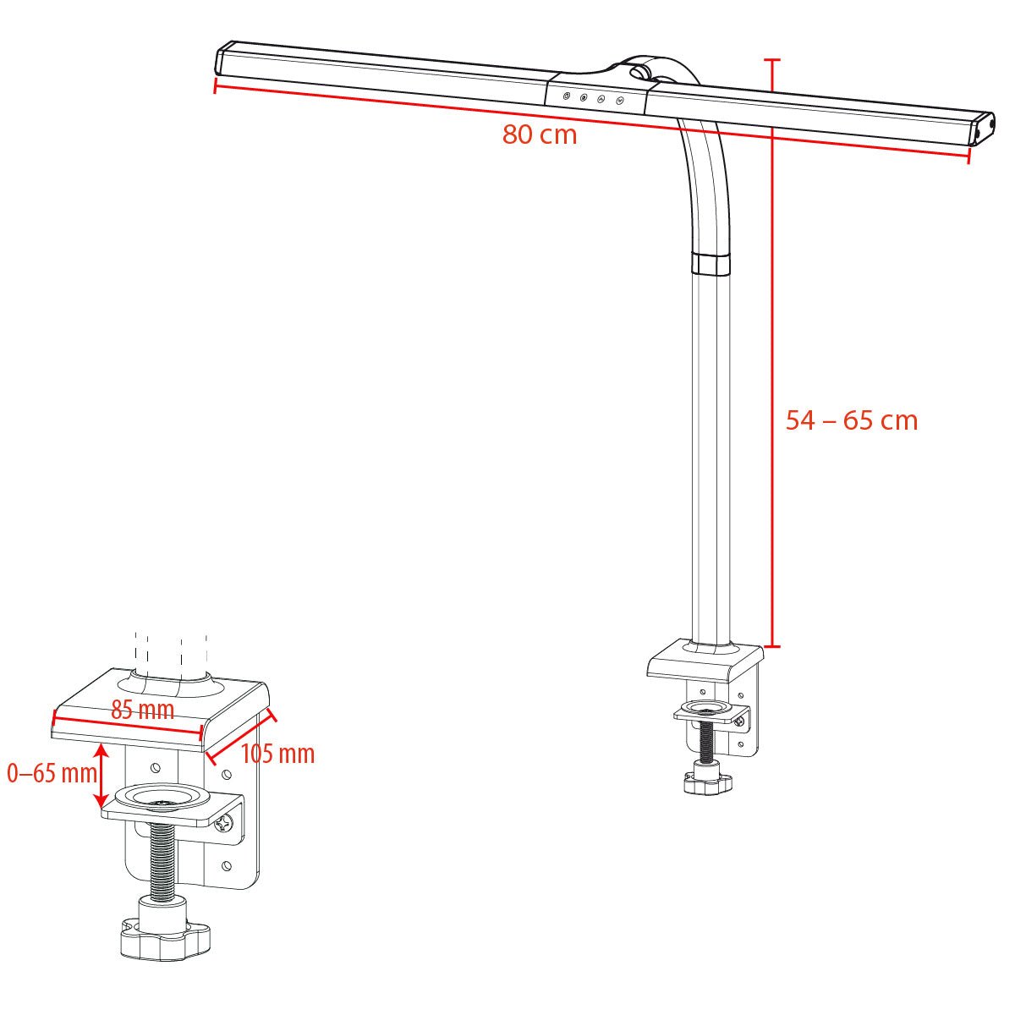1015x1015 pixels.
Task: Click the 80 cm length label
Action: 540,134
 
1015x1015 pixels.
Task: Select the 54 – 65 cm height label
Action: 851,420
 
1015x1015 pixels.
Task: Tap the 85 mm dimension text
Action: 143,710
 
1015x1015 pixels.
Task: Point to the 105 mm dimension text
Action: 278,753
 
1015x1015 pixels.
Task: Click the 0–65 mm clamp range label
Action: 51,772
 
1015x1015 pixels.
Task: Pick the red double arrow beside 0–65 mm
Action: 101,776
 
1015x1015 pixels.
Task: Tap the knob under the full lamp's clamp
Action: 707,782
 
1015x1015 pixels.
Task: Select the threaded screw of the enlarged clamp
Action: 163,863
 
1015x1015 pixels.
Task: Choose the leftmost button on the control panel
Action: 567,96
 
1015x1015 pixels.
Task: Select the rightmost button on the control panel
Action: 620,101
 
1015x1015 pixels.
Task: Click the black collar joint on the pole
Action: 710,262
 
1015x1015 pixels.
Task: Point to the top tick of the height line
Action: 771,60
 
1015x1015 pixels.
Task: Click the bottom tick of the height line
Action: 771,646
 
